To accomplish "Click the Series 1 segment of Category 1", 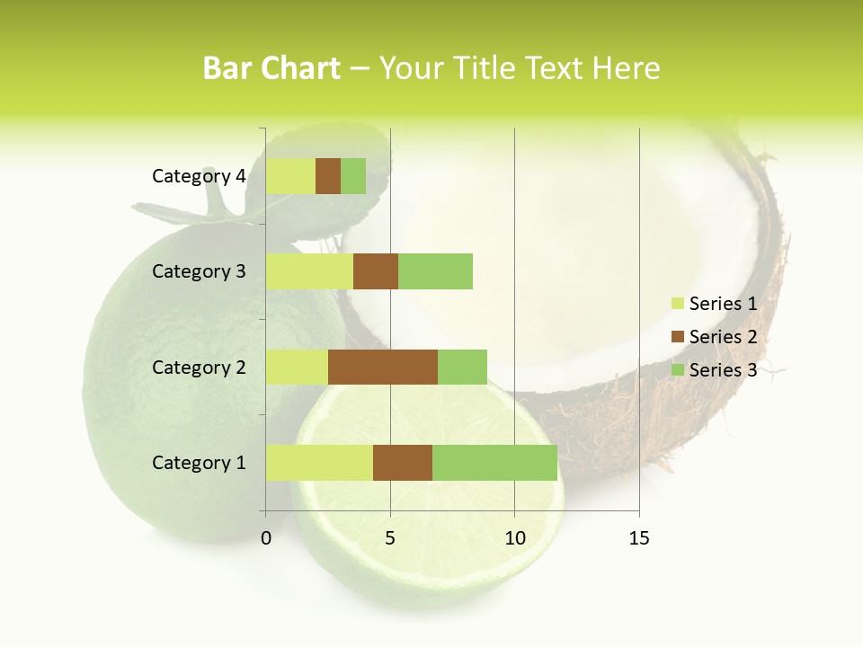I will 319,463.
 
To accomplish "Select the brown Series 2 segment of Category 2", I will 383,367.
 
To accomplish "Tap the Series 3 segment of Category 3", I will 435,271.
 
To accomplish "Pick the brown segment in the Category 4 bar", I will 328,176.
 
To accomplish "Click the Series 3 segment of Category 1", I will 494,463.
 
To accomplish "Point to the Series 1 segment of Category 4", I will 290,176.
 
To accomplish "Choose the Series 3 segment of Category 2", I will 462,367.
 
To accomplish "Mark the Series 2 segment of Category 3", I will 376,271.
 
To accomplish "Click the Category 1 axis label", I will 199,463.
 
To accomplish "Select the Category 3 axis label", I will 199,271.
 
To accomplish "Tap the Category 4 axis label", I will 199,176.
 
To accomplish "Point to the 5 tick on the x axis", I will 390,538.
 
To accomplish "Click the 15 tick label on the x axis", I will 638,538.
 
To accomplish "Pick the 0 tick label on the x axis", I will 266,538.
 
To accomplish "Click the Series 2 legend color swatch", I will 677,337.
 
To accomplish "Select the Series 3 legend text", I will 723,370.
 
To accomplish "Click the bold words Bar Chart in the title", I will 271,68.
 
